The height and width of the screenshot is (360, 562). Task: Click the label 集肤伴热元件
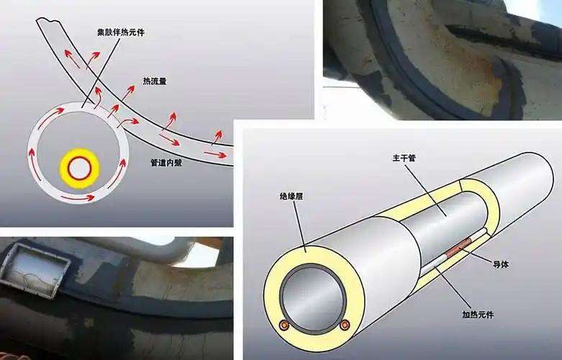click(x=121, y=32)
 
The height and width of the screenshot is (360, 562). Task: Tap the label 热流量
click(x=155, y=81)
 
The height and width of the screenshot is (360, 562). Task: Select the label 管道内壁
click(x=166, y=163)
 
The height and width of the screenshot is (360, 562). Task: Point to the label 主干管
click(x=404, y=158)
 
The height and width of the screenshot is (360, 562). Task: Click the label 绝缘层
click(x=291, y=196)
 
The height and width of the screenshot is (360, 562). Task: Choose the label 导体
click(x=501, y=265)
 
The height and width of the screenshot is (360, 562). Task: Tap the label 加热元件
click(x=478, y=315)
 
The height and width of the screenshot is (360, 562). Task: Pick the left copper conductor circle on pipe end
click(x=284, y=325)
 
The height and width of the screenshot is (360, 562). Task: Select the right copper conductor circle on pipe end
click(x=345, y=325)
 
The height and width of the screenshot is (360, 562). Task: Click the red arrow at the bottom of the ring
click(x=78, y=197)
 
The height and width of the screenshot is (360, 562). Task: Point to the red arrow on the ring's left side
click(x=35, y=164)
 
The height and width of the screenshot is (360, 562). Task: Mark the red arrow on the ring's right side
click(x=118, y=173)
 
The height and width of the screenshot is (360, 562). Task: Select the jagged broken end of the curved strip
click(x=47, y=21)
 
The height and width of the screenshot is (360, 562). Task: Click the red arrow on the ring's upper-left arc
click(x=50, y=118)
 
